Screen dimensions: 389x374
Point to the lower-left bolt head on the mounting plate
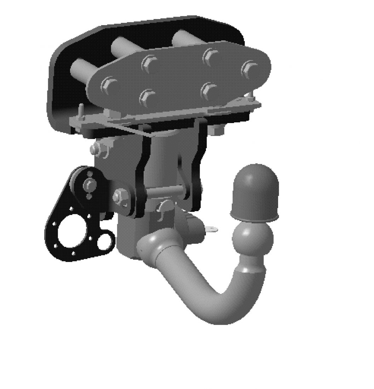pos(148,95)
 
